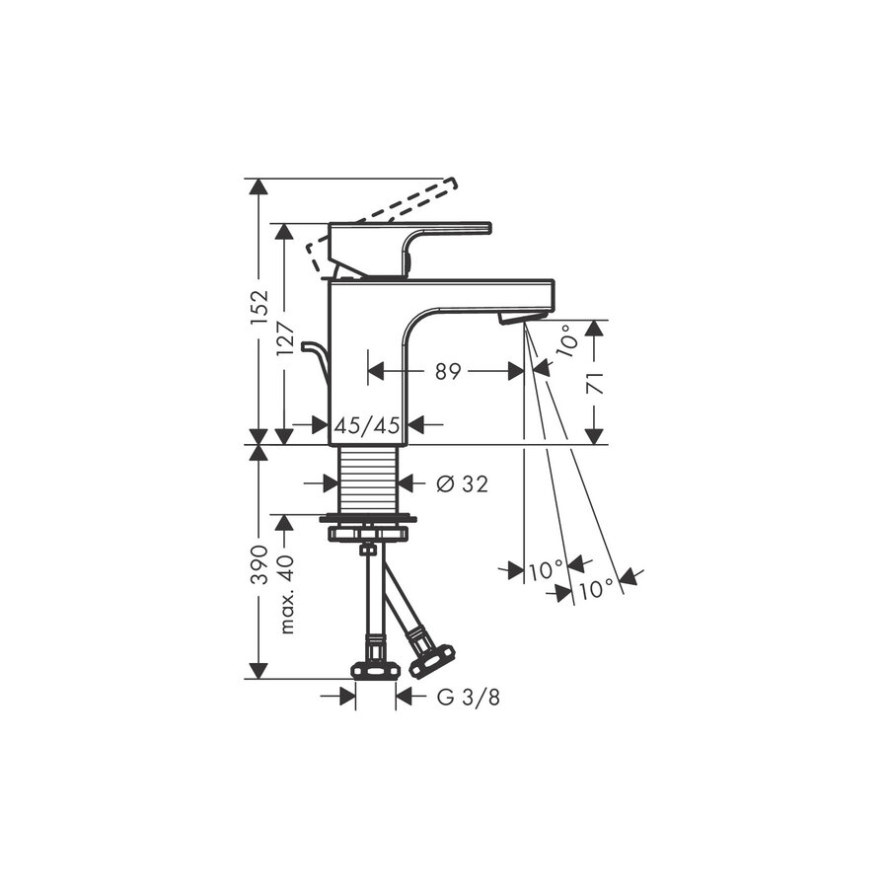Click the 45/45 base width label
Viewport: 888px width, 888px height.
point(367,425)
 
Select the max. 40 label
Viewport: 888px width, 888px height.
point(286,591)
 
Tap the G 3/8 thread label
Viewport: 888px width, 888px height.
point(468,698)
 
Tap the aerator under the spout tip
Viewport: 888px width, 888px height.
point(520,317)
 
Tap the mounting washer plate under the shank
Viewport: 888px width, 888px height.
point(367,519)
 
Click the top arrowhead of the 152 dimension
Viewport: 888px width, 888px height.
point(259,188)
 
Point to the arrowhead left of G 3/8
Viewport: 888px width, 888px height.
point(347,698)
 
